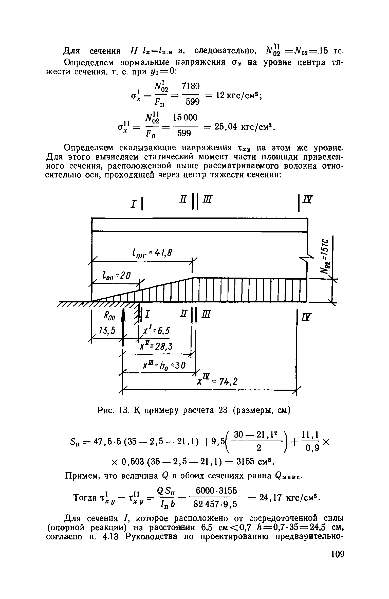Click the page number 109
click(337, 561)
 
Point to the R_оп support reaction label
click(110, 317)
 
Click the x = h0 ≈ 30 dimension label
click(164, 365)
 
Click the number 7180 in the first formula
click(191, 86)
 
